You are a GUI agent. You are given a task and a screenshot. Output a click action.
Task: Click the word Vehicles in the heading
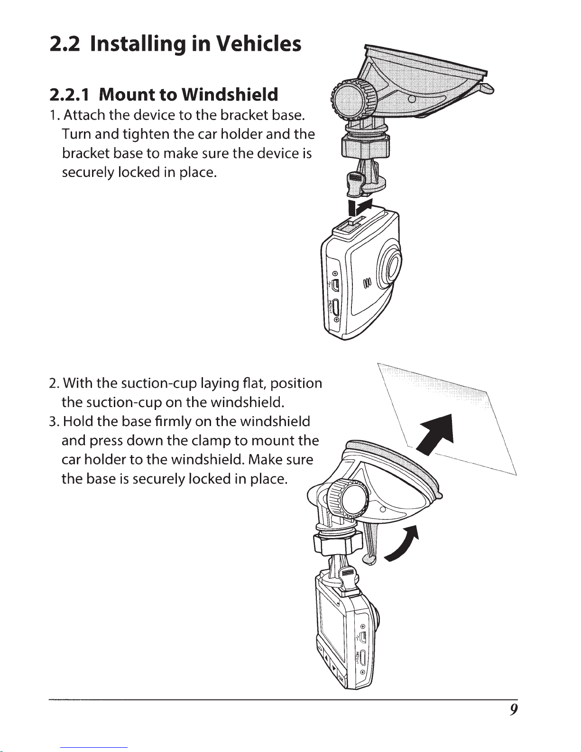[258, 45]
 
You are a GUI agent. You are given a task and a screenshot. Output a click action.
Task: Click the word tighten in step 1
[146, 134]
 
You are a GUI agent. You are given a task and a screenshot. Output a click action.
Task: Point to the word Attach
[84, 115]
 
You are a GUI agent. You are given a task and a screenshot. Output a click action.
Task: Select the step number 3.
[54, 421]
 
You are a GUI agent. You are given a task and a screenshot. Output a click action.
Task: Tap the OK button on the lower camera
[341, 679]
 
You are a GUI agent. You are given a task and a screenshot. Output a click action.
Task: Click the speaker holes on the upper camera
[367, 285]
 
